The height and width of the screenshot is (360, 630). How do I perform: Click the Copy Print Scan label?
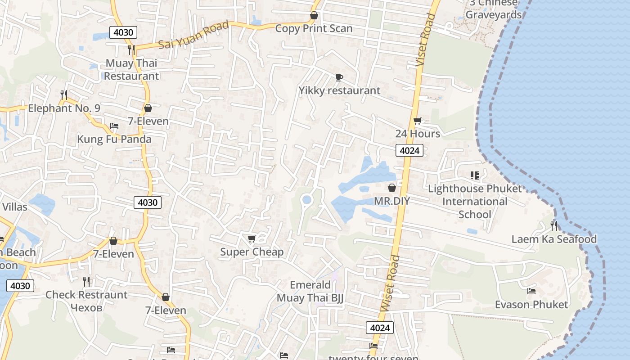tap(314, 28)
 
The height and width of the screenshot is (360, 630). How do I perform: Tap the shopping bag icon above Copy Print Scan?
tap(314, 16)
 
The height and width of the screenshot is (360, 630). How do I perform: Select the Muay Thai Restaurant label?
tap(131, 69)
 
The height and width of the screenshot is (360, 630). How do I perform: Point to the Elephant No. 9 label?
tap(64, 108)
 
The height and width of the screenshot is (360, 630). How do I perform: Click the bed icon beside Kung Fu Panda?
tap(114, 126)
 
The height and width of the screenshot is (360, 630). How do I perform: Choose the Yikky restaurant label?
tap(339, 90)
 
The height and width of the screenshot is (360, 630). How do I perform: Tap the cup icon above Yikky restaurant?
tap(339, 77)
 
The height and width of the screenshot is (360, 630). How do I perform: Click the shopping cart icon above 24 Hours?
tap(417, 121)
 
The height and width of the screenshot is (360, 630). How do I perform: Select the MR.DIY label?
tap(392, 201)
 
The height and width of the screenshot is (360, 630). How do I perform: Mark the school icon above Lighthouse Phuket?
tap(474, 175)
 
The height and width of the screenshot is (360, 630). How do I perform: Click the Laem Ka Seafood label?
tap(554, 239)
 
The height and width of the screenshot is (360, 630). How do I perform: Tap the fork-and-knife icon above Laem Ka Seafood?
tap(554, 225)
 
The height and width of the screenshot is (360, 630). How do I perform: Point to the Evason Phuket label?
tap(531, 305)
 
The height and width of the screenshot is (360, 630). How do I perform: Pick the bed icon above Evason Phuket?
tap(531, 291)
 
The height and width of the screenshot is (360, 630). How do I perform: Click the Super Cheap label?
tap(252, 252)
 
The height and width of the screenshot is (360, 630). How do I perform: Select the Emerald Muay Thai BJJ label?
tap(310, 291)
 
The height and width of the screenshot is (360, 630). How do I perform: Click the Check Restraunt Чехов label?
tap(86, 301)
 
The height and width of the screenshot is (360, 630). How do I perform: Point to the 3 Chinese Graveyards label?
tap(494, 9)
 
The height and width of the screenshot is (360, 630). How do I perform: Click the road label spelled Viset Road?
tap(425, 40)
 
